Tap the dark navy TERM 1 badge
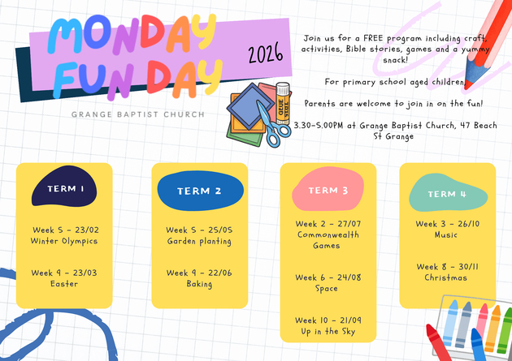[x=65, y=188]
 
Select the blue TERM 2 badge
[x=199, y=191]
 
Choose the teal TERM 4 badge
[x=447, y=194]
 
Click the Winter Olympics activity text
[x=64, y=241]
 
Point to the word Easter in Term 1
[x=63, y=284]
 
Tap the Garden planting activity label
[x=199, y=241]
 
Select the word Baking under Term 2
[x=199, y=284]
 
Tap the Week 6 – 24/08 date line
[x=328, y=277]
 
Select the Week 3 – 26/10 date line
[x=447, y=224]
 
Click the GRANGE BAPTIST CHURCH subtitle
[x=137, y=114]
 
